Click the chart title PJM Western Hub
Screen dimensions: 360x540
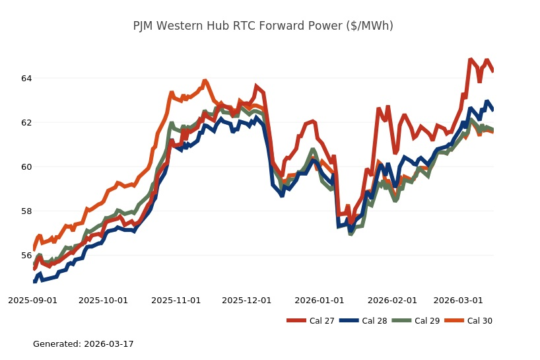(263, 26)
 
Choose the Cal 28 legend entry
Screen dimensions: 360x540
(363, 321)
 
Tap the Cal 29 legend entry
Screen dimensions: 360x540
(416, 321)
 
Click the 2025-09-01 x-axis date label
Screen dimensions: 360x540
(32, 300)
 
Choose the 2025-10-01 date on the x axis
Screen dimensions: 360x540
(103, 300)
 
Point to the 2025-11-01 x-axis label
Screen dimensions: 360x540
(176, 300)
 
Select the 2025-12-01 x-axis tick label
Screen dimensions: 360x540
(246, 300)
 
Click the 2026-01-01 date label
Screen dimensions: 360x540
(320, 300)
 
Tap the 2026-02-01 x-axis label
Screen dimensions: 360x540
(392, 300)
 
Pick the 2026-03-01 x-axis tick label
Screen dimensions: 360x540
(458, 300)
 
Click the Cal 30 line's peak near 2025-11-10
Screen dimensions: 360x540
(205, 81)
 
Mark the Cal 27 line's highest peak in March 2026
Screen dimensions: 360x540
(471, 59)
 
